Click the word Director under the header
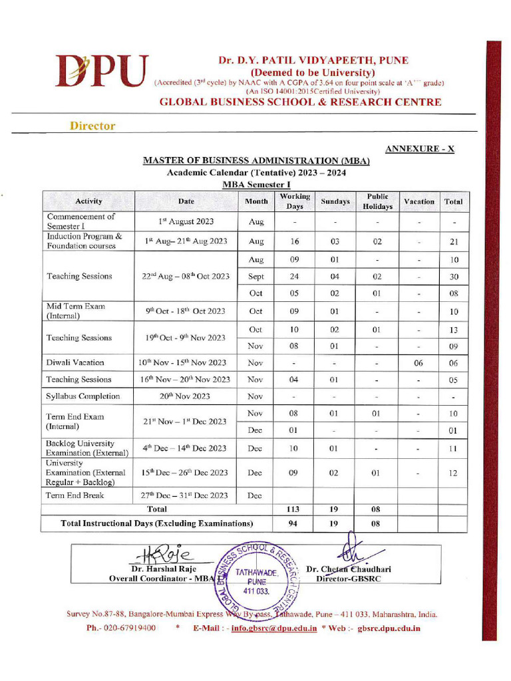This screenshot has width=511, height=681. pos(92,126)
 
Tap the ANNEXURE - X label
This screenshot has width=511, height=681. pos(420,148)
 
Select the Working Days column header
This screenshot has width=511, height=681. pos(295,201)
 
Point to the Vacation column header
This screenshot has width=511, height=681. pos(419,202)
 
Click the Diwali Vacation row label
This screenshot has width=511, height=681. pos(75,362)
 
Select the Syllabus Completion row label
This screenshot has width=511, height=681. pos(83,396)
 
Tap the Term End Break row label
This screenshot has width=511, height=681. pos(76,495)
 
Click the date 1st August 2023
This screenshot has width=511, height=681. pos(186,221)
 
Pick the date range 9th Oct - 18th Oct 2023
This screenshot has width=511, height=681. pos(186,311)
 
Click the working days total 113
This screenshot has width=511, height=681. pos(293,509)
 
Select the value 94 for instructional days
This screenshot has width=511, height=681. pos(293,524)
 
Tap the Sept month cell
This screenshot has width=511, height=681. pos(256,277)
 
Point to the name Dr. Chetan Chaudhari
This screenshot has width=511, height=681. pos(349,569)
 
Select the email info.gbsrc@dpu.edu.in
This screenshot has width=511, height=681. pos(273,628)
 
